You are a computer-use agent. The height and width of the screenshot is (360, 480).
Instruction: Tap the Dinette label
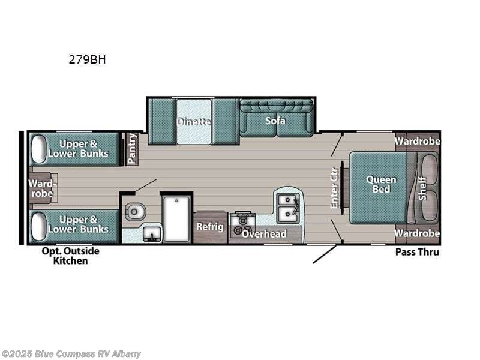(x=193, y=122)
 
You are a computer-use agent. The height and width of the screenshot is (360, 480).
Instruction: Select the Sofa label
(x=275, y=121)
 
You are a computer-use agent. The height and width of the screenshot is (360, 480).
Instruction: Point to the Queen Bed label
(x=381, y=184)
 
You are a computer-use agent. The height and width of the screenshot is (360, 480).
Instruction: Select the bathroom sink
(x=151, y=233)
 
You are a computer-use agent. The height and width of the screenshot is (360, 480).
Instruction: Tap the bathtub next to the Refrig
(x=177, y=217)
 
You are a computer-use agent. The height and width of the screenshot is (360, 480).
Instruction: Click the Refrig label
(x=210, y=227)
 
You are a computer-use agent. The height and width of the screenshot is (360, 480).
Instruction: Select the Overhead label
(x=264, y=234)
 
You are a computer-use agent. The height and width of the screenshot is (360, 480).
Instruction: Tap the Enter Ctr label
(x=335, y=187)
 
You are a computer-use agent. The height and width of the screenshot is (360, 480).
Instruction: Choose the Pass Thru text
(x=416, y=252)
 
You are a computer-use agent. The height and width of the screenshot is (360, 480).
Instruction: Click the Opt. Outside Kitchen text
(x=70, y=256)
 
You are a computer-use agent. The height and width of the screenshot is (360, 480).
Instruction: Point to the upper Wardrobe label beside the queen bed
(x=417, y=142)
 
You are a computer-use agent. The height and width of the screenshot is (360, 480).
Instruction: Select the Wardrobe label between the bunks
(x=42, y=188)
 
